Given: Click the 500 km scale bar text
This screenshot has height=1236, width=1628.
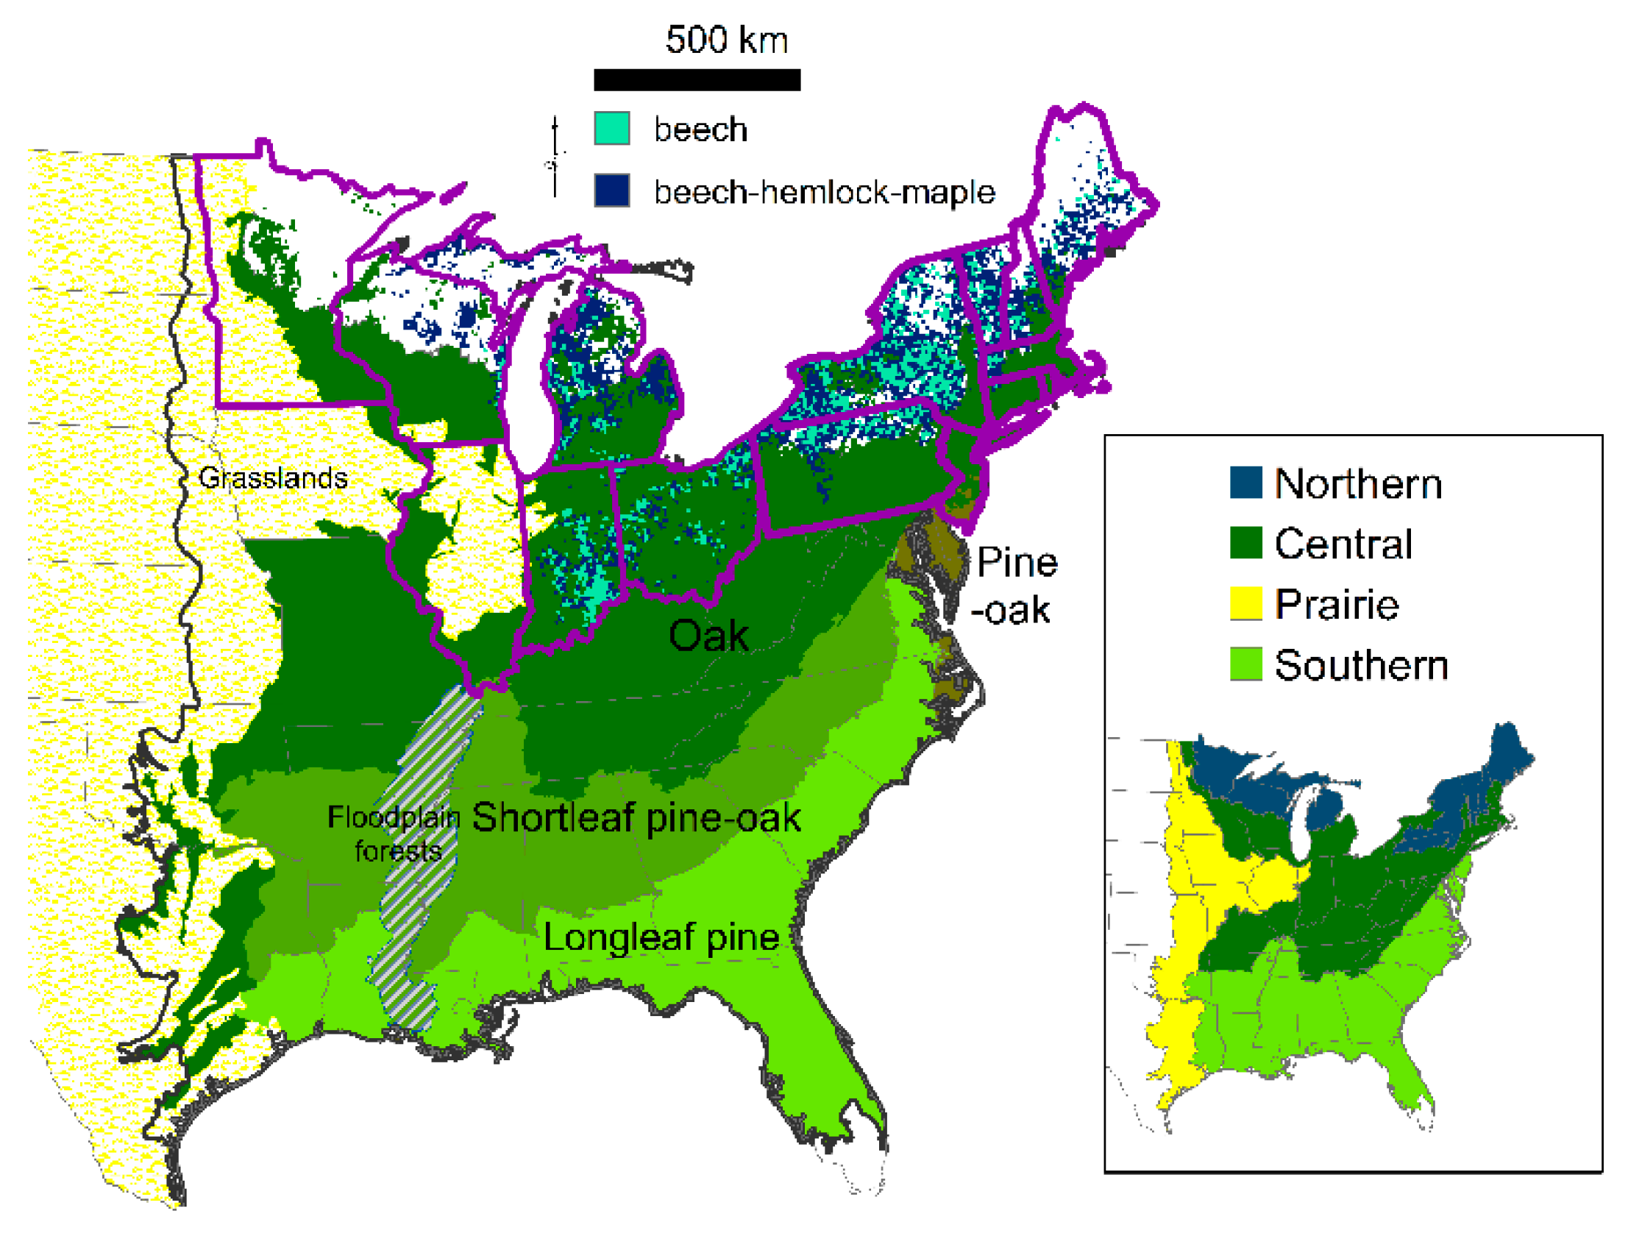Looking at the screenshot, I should click(725, 40).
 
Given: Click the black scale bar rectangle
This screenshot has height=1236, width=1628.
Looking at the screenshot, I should click(696, 79).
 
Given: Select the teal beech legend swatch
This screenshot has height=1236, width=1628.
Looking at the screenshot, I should click(611, 129).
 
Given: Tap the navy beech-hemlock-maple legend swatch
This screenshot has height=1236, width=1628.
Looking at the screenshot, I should click(611, 190).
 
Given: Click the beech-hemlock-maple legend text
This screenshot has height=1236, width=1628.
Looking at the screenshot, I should click(825, 192).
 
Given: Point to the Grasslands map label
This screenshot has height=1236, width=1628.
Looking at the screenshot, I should click(272, 478).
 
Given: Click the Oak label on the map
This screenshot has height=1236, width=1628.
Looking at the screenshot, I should click(708, 636).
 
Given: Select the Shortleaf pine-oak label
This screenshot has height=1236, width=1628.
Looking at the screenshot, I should click(636, 818).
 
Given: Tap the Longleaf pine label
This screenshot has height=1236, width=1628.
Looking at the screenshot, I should click(661, 938).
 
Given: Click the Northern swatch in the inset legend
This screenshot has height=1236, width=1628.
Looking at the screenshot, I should click(1245, 483).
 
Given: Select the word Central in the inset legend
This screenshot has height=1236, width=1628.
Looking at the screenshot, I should click(1343, 544).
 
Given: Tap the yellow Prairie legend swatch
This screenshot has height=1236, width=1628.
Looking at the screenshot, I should click(1245, 603).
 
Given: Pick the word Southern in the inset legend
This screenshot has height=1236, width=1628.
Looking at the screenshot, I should click(1361, 666).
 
